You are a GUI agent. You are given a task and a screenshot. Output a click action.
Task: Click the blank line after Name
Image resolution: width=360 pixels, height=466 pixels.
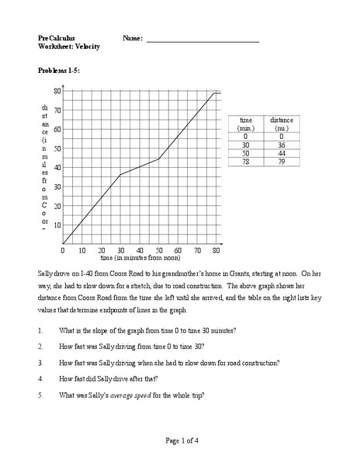point(202,39)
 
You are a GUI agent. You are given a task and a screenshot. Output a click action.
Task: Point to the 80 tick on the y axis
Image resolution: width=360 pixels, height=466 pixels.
point(57,91)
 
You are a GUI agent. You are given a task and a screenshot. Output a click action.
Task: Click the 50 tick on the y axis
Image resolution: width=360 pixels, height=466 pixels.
point(57,148)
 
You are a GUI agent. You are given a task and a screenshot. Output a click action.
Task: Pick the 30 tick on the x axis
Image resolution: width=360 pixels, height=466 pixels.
point(120,251)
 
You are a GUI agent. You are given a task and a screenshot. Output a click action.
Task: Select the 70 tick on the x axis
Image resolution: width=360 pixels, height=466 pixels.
point(198,251)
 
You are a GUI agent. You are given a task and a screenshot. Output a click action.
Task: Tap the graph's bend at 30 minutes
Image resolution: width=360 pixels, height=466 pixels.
point(120,175)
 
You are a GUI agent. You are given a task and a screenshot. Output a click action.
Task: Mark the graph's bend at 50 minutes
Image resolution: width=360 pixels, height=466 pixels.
point(159,159)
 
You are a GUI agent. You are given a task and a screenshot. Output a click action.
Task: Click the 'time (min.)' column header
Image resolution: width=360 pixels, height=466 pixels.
point(247,124)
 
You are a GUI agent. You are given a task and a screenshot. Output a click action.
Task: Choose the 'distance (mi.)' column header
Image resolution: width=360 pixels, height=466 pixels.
point(280,124)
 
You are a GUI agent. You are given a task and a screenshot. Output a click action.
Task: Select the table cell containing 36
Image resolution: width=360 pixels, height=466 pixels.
point(280,144)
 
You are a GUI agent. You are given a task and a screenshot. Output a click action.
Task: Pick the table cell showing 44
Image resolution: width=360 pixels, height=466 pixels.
point(280,154)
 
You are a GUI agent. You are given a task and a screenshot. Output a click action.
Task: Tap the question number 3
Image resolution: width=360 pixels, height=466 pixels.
point(40,363)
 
